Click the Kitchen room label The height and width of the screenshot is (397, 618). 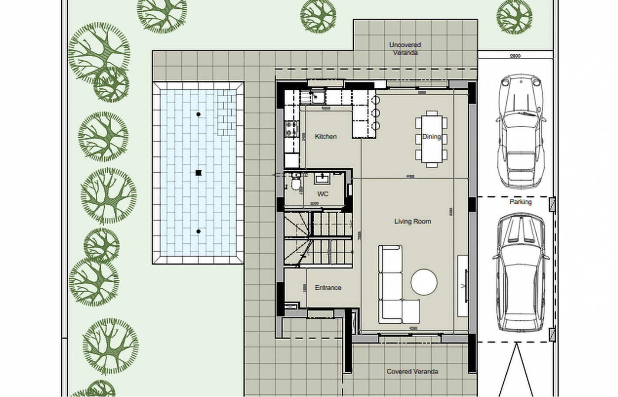326,136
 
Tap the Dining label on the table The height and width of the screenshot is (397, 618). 432,136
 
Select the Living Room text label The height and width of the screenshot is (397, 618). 412,221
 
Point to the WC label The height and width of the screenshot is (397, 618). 322,194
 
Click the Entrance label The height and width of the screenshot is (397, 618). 328,288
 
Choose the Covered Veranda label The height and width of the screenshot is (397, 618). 412,371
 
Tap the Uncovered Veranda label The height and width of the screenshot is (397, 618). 405,49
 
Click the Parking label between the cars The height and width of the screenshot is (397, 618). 520,202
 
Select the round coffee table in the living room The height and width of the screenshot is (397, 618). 424,282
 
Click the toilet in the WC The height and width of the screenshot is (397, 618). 296,182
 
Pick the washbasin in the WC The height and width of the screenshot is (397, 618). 322,178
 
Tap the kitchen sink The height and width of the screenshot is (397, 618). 317,96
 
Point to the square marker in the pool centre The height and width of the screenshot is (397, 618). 199,173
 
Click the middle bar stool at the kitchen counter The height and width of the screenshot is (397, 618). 376,113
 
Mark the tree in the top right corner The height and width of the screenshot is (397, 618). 514,16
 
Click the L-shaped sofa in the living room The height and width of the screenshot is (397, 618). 393,289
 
